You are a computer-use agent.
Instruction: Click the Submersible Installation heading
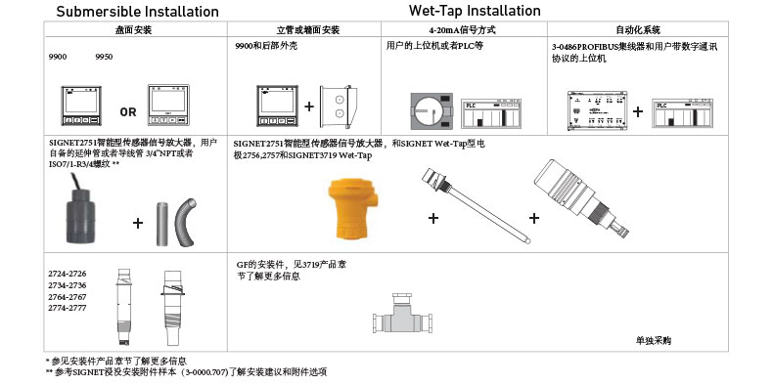(x=138, y=12)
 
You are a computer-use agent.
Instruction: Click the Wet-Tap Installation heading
(x=475, y=11)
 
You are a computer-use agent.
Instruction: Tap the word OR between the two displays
(x=128, y=112)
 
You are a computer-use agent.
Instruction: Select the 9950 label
(x=104, y=57)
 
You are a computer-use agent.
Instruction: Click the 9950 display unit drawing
(x=169, y=105)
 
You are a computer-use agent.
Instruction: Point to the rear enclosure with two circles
(x=336, y=106)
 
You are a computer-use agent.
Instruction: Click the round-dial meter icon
(x=432, y=109)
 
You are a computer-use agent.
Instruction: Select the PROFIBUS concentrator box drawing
(x=597, y=110)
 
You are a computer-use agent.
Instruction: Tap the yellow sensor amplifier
(x=352, y=209)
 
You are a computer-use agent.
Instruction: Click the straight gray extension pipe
(x=162, y=224)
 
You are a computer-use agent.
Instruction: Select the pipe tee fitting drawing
(x=403, y=316)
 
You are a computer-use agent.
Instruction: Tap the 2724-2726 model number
(x=68, y=274)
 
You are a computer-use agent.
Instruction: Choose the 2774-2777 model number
(x=68, y=308)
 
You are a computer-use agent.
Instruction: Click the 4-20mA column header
(x=464, y=30)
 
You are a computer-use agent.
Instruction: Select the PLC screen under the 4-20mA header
(x=491, y=113)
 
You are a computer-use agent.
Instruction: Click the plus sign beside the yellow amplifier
(x=433, y=218)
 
